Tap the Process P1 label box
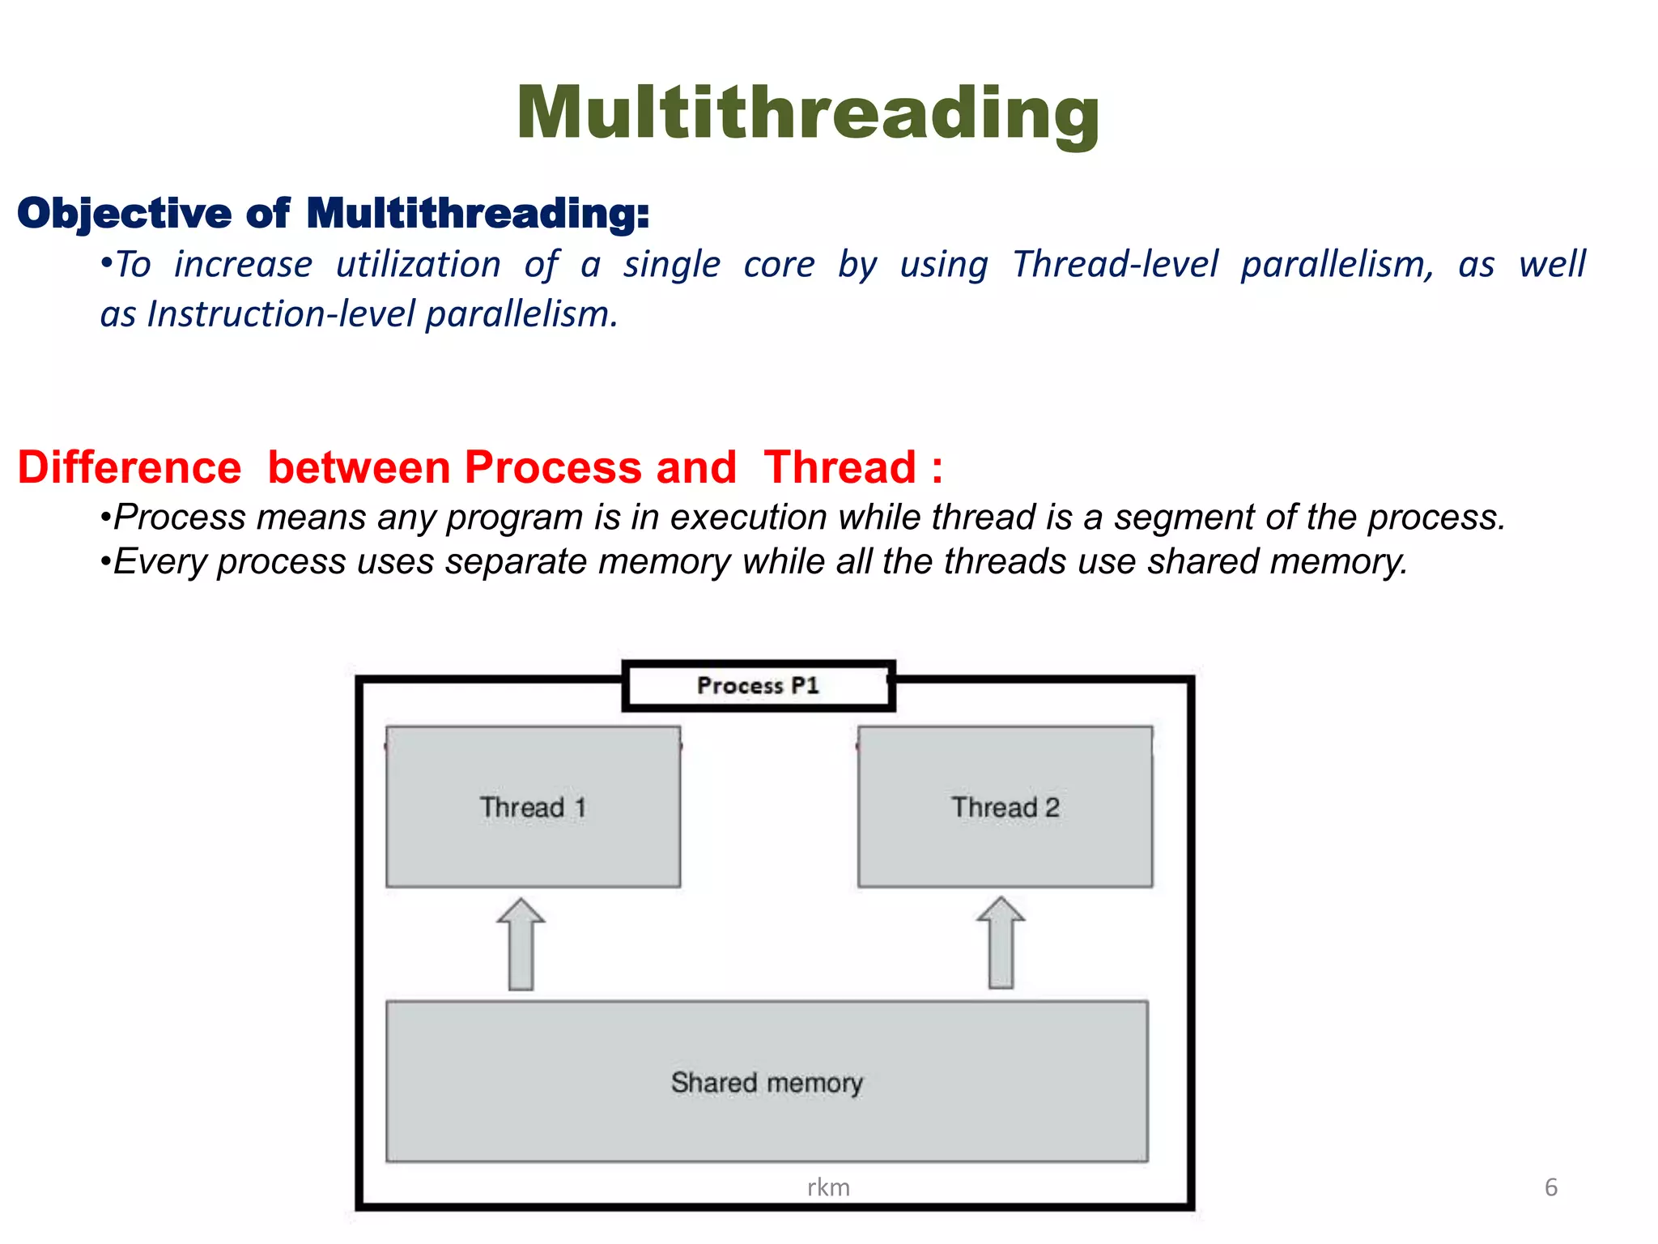tap(758, 686)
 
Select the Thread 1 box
tap(533, 807)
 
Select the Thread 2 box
tap(1005, 807)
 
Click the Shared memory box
tap(767, 1082)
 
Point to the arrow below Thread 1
tap(521, 944)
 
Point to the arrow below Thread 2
tap(1001, 943)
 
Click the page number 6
tap(1550, 1187)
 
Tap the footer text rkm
tap(828, 1187)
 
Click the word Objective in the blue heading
tap(124, 214)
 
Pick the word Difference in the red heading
tap(130, 468)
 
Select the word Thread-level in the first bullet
tap(1115, 265)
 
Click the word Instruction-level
tap(281, 314)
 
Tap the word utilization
tap(419, 265)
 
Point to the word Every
tap(159, 562)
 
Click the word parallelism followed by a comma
tap(1337, 265)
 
